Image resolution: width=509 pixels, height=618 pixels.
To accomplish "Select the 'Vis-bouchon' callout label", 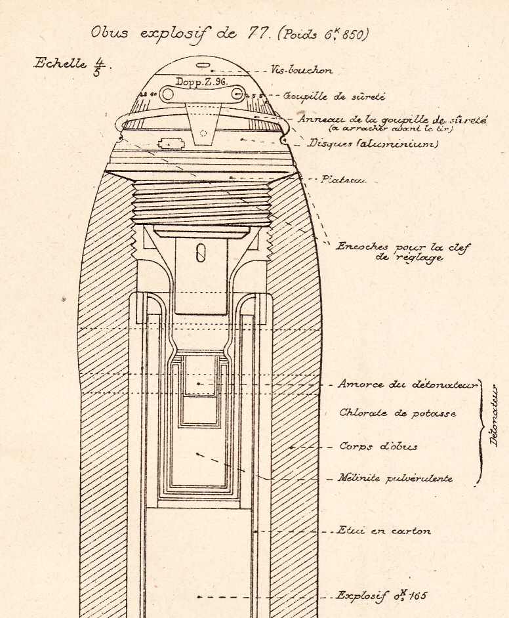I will coord(302,70).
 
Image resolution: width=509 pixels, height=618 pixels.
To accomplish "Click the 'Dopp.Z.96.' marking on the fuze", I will coord(200,83).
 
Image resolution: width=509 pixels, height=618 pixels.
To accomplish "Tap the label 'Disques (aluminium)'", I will coord(373,143).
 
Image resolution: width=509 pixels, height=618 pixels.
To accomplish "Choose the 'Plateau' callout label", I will coord(343,179).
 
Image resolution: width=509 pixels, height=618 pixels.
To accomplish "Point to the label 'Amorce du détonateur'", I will coord(407,384).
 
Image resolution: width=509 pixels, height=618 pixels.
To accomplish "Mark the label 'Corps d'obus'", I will coord(378,447).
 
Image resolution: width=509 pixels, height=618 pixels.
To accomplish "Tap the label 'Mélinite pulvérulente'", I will coord(396,479).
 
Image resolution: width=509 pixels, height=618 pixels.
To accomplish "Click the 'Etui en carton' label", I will coord(383,531).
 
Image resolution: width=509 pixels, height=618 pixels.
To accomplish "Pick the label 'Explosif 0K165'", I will coord(381,596).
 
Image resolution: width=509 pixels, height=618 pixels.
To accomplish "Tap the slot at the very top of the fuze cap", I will coord(204,66).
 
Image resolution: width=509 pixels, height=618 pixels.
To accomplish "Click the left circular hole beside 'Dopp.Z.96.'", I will coord(167,94).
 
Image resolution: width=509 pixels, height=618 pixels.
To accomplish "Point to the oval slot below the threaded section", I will coord(201,253).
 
